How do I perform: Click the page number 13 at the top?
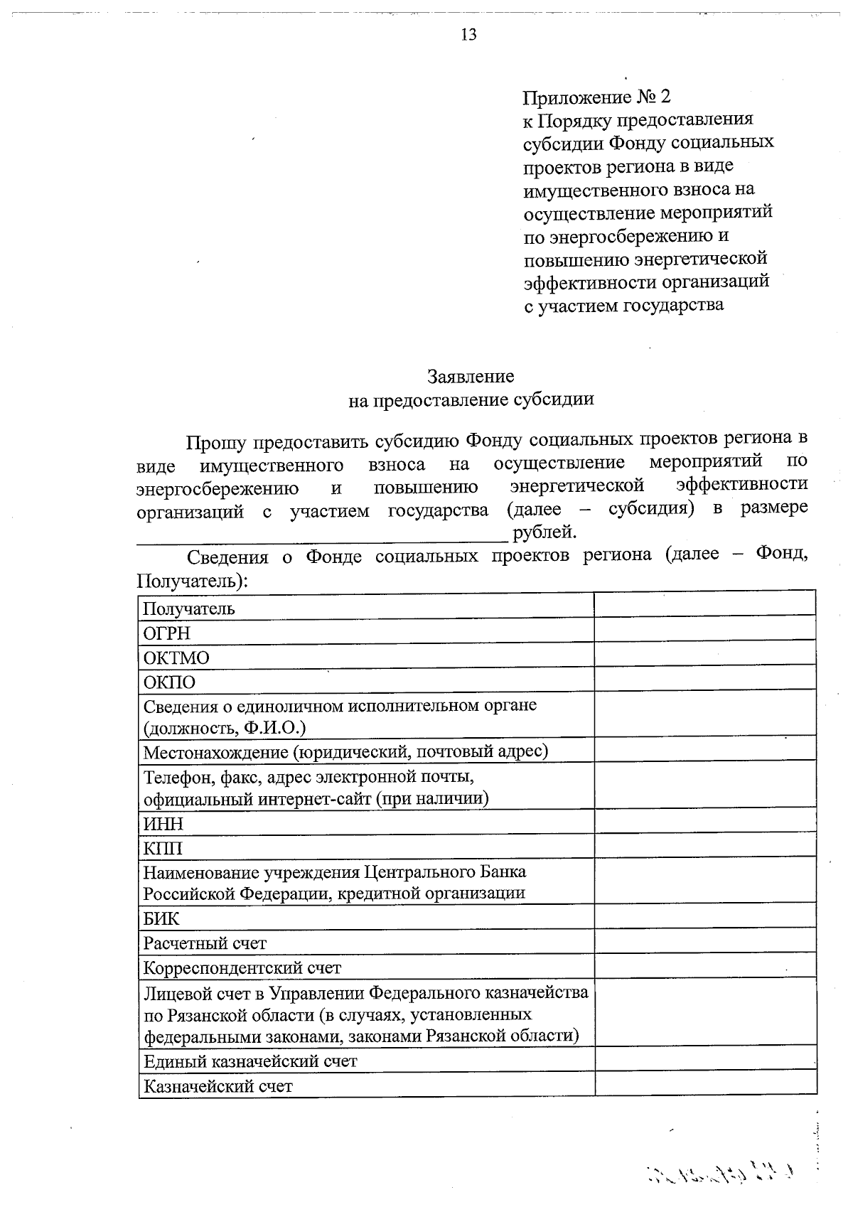click(x=468, y=35)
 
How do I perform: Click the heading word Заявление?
click(x=471, y=376)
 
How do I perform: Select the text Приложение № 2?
click(x=596, y=97)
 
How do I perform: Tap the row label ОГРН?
click(x=167, y=633)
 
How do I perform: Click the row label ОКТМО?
click(x=176, y=658)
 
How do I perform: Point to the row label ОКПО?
click(x=169, y=683)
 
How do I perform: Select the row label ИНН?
click(x=163, y=824)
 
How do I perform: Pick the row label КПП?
click(x=163, y=849)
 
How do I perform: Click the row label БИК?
click(x=161, y=919)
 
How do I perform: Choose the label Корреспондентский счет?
click(x=242, y=968)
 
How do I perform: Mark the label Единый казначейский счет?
click(x=250, y=1061)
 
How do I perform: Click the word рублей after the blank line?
click(x=544, y=532)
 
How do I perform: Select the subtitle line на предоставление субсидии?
click(x=471, y=399)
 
